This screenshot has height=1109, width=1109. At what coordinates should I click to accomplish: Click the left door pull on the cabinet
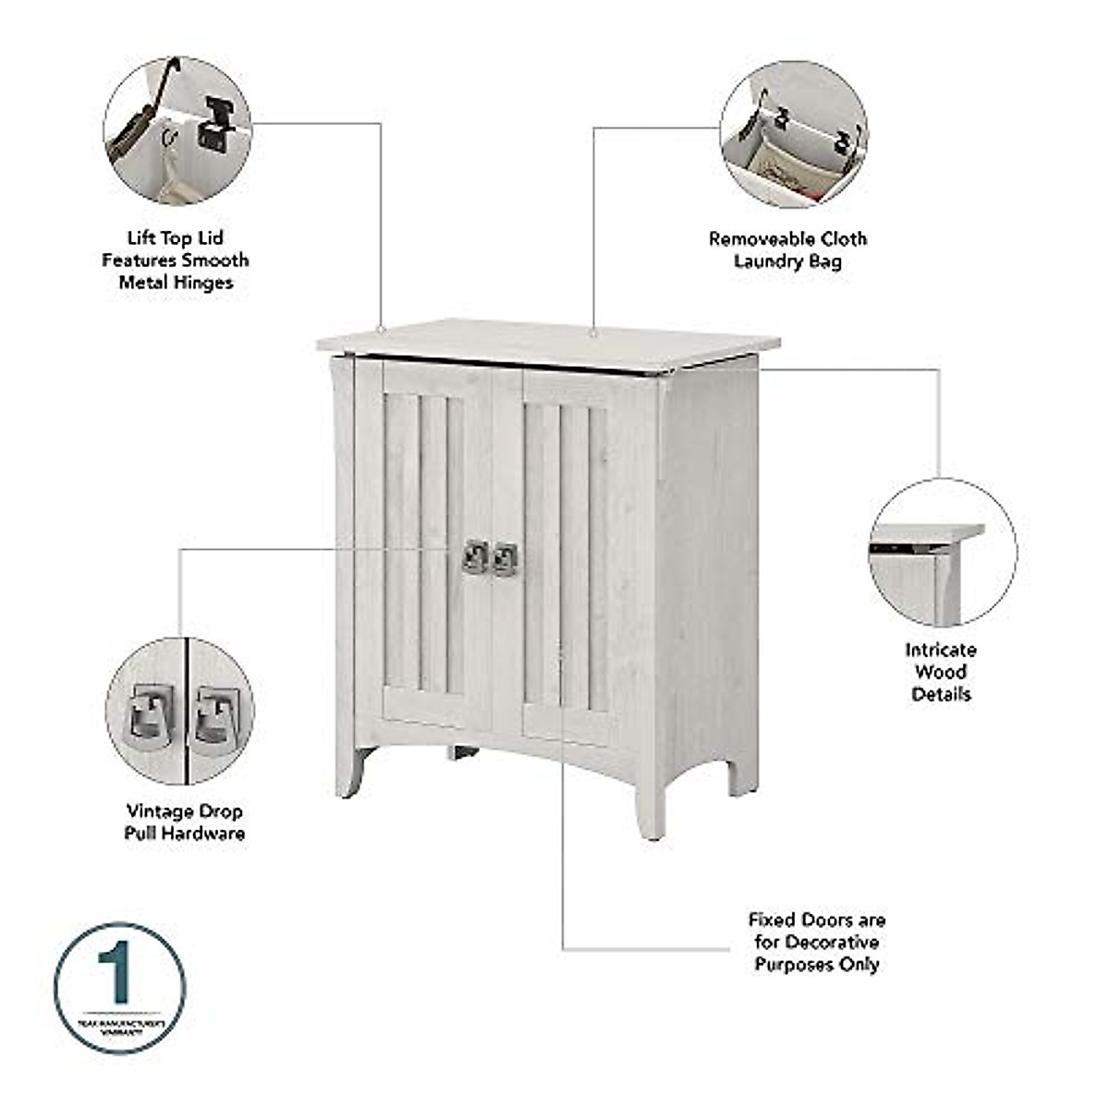(475, 556)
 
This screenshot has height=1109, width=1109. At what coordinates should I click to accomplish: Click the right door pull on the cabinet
(505, 558)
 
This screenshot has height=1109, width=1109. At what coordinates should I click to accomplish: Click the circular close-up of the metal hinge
(177, 130)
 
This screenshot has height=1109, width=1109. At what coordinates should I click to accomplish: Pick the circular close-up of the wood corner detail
(942, 552)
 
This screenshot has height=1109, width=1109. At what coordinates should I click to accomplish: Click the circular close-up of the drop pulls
(179, 710)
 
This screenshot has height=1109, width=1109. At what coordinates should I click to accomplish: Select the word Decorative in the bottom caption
(833, 943)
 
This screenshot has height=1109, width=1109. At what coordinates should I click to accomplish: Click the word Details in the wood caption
(941, 694)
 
